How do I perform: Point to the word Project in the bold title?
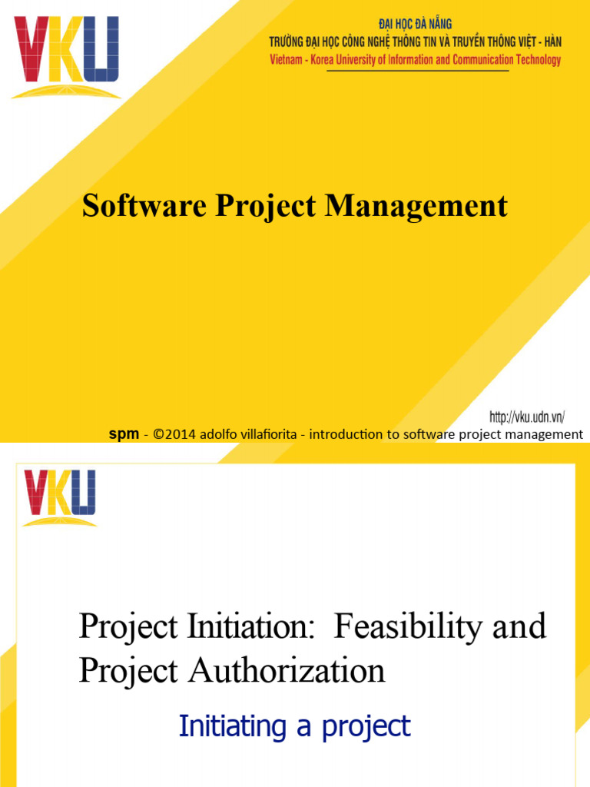[x=267, y=206]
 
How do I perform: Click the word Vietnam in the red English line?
[x=290, y=60]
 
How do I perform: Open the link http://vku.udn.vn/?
[x=528, y=417]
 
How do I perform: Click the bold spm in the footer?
[x=122, y=434]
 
